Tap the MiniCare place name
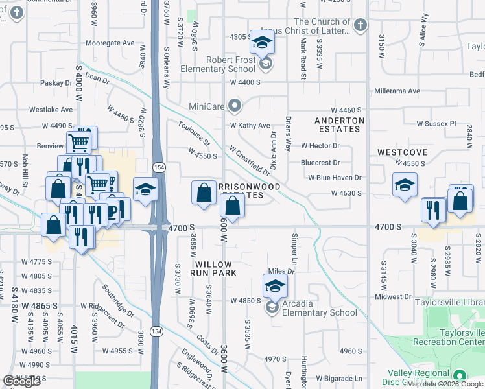[206, 106]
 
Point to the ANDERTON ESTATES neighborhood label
[339, 124]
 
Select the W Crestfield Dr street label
[249, 159]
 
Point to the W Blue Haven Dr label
[335, 177]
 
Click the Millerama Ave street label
[396, 91]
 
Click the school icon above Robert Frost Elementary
[262, 42]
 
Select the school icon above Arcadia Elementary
[275, 285]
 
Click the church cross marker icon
[361, 25]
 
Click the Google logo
[21, 382]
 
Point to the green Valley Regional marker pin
[460, 375]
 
